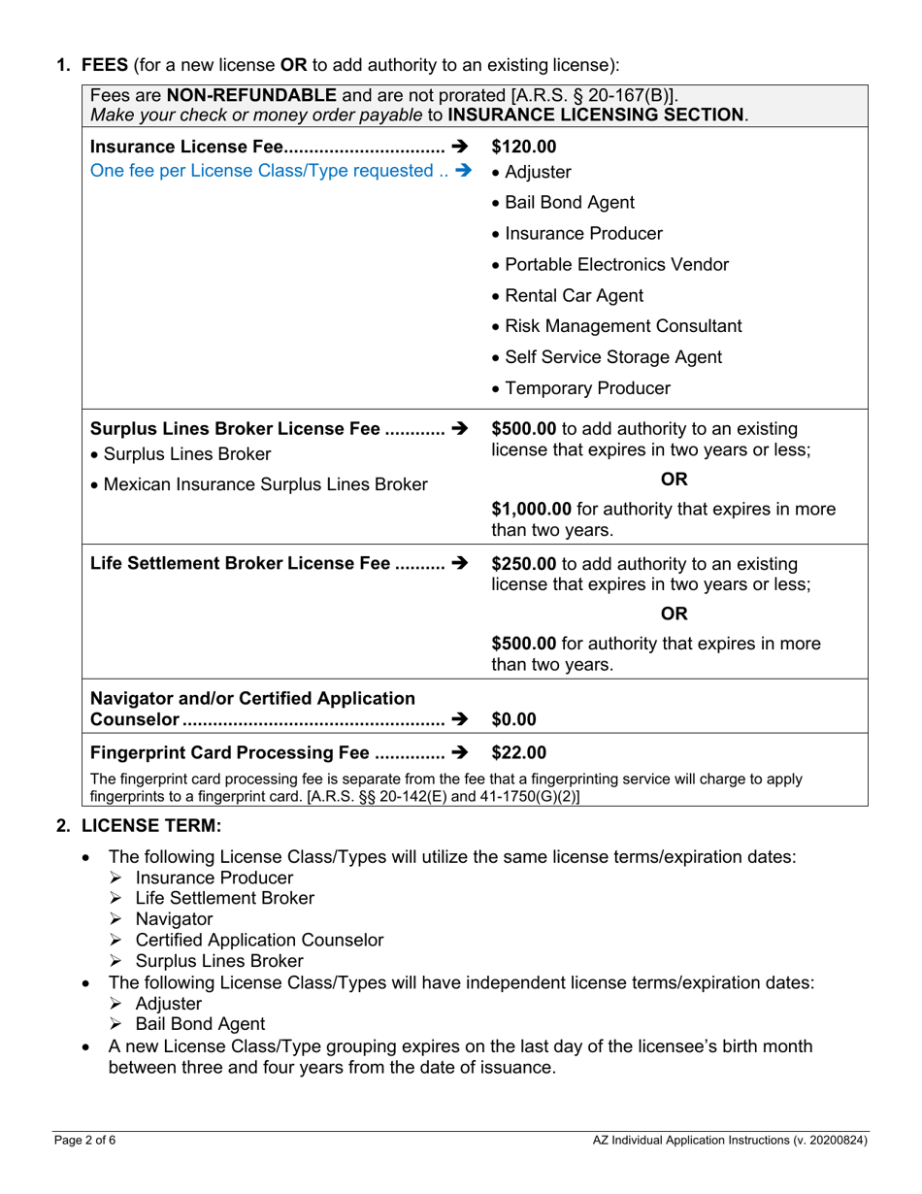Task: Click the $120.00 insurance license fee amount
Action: click(524, 148)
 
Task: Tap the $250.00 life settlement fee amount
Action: click(524, 564)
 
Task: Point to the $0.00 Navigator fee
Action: click(514, 719)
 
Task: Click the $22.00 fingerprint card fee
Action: click(519, 752)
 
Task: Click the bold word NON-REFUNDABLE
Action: click(252, 96)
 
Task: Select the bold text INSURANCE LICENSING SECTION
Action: click(597, 114)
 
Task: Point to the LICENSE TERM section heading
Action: click(151, 826)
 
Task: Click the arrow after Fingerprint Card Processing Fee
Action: click(460, 752)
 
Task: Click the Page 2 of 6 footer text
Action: click(84, 1142)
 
